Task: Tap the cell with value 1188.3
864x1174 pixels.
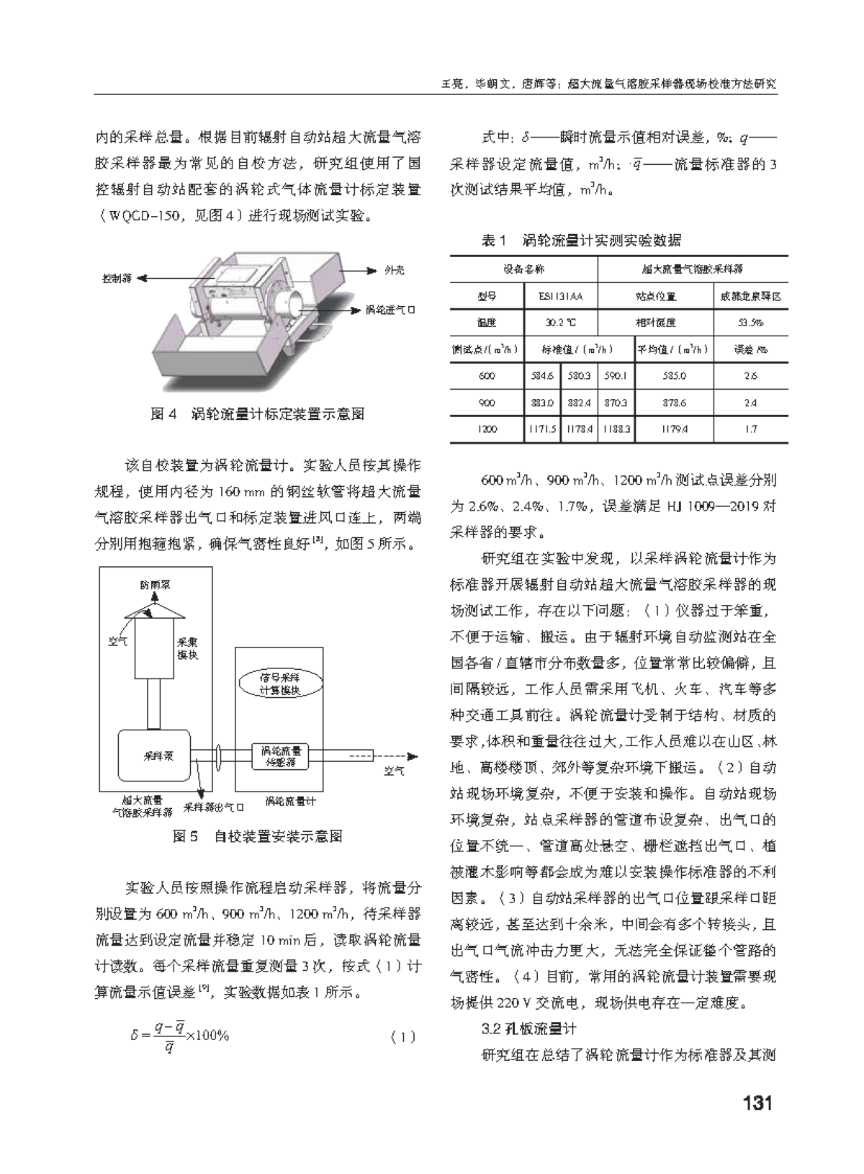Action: [x=617, y=430]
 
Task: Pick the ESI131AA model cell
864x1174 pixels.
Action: [x=560, y=296]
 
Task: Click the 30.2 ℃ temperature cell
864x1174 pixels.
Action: [x=560, y=323]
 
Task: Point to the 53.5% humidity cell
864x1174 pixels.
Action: [x=750, y=323]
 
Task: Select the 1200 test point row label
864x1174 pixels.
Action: [x=487, y=430]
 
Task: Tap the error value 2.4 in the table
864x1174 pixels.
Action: [x=750, y=403]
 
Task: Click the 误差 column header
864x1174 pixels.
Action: [x=750, y=350]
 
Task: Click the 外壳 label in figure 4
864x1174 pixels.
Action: [x=394, y=270]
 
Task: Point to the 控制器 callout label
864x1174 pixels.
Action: [x=117, y=278]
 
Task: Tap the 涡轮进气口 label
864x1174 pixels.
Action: [x=390, y=310]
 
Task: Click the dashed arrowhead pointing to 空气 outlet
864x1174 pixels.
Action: [x=413, y=756]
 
